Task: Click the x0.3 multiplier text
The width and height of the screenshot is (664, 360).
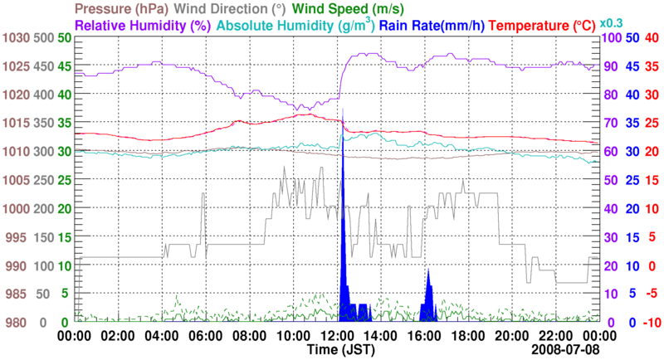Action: [x=613, y=22]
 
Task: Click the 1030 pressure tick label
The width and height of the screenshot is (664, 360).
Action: [x=15, y=38]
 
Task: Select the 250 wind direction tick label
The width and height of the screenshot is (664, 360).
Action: [x=44, y=180]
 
